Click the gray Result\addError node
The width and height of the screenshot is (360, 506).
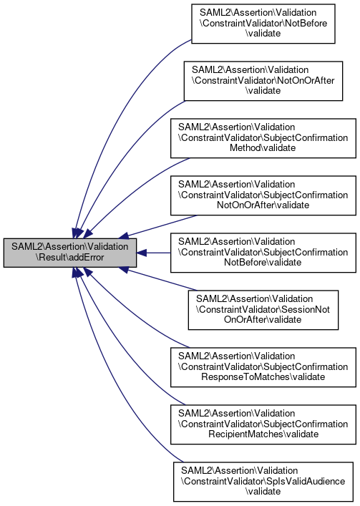[70, 253]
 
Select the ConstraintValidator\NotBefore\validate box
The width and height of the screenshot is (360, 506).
[263, 24]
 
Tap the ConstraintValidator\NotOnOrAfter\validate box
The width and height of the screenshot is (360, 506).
[263, 81]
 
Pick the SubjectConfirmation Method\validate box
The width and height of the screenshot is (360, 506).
[263, 138]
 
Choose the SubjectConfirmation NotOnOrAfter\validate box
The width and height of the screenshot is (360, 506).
[263, 195]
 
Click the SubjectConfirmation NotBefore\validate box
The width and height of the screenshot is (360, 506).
[263, 253]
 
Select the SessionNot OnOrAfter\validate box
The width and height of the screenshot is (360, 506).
[263, 310]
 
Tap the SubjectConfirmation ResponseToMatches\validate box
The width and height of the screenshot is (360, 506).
[263, 367]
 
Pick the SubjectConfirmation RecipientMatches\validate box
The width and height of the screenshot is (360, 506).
[263, 424]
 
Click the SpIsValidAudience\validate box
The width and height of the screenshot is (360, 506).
[263, 482]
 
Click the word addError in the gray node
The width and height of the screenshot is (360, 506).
[87, 258]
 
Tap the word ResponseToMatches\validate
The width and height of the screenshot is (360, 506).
[263, 376]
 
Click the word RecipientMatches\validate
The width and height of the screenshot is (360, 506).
[263, 434]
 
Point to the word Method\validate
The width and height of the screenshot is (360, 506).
[263, 148]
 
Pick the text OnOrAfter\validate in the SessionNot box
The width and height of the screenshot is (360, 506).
[263, 319]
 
